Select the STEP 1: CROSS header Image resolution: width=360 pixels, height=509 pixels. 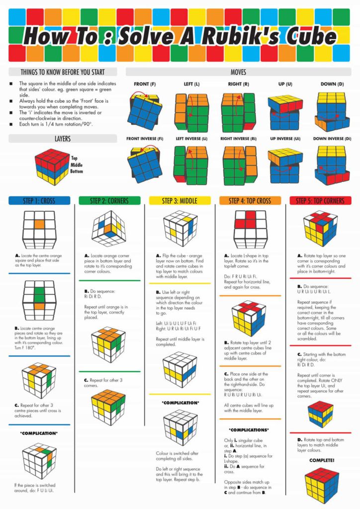tap(39, 201)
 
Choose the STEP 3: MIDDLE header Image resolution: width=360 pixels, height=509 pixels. tap(180, 201)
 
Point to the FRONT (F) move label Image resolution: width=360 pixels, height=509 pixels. tap(145, 84)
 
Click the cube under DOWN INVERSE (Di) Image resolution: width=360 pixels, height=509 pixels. tap(332, 165)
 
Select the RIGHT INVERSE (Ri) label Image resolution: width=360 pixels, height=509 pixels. tap(238, 138)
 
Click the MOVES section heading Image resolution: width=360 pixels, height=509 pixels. tap(238, 72)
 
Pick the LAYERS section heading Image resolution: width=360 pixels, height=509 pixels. tap(62, 139)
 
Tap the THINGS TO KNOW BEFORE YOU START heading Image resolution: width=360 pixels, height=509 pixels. tap(62, 72)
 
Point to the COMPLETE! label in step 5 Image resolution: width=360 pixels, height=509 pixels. tap(322, 460)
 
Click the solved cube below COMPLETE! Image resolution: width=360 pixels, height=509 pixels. tap(322, 485)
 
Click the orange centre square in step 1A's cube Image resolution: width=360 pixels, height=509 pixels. tap(39, 225)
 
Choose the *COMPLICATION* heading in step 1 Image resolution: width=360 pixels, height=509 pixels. tap(39, 433)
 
